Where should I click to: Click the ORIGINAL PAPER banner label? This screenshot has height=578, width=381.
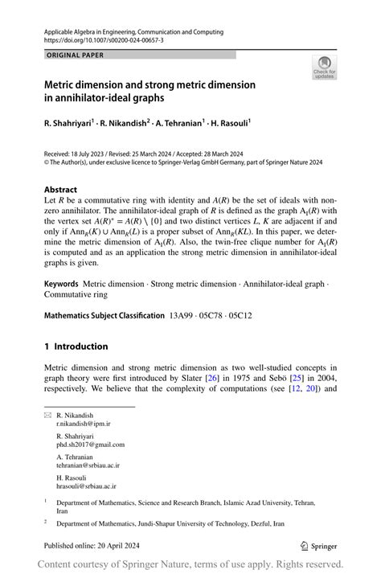tap(75, 55)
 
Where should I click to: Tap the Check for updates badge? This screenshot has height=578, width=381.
tap(325, 68)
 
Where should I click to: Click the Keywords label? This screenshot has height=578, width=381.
tap(61, 284)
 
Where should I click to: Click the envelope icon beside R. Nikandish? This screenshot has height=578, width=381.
tap(47, 416)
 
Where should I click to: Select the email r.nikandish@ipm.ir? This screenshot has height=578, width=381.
tap(84, 423)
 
